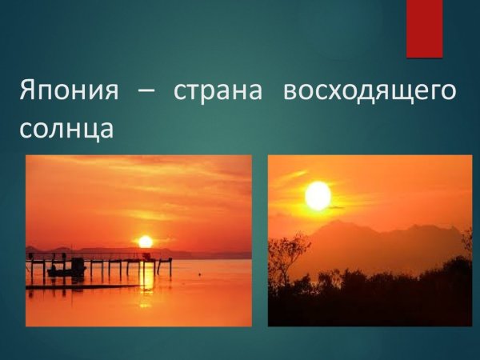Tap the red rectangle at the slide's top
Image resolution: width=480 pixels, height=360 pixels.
[424, 28]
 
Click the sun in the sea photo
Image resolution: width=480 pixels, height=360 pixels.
[145, 241]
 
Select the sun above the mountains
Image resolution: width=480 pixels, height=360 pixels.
[318, 195]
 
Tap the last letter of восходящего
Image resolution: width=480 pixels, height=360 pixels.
[450, 91]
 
